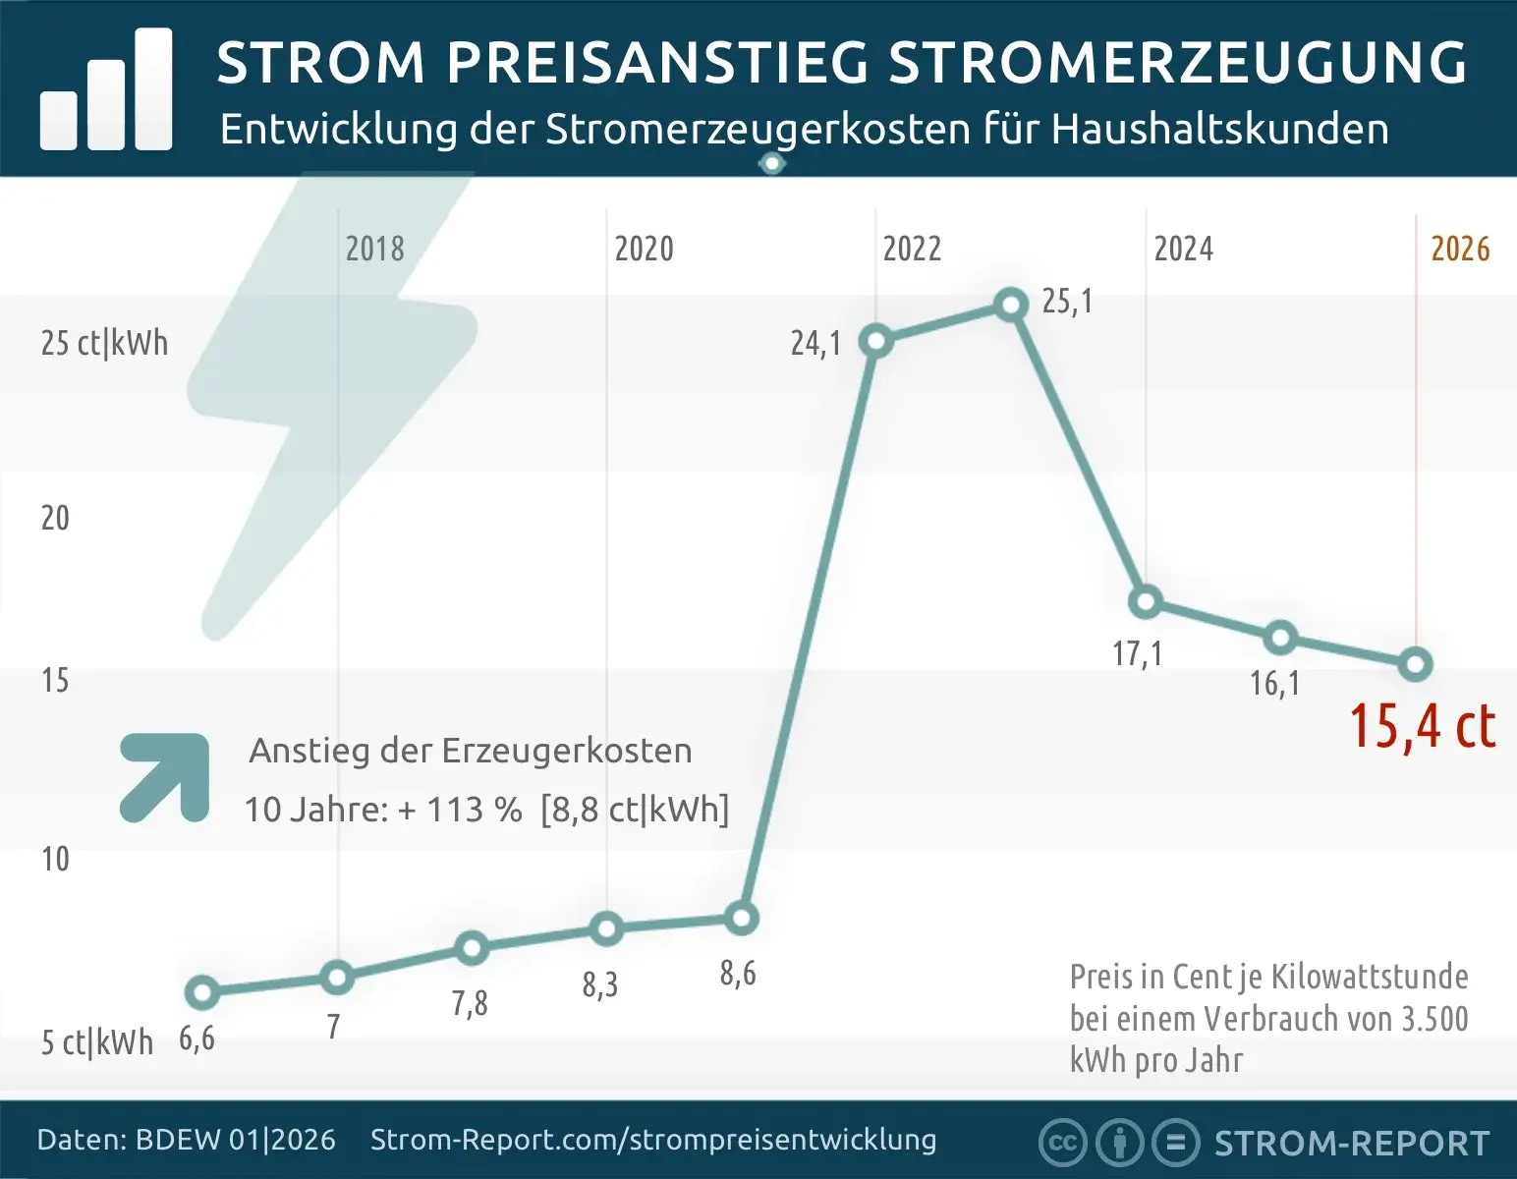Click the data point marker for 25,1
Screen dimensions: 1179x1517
[x=1010, y=306]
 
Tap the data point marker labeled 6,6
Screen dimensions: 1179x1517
[x=202, y=992]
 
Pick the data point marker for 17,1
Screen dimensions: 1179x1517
[x=1146, y=602]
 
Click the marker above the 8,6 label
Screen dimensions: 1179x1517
[x=742, y=919]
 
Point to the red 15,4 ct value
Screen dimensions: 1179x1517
[x=1422, y=727]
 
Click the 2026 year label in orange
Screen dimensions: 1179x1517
[x=1460, y=250]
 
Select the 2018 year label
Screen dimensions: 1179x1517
[x=374, y=250]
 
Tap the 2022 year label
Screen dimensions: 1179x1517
[x=912, y=250]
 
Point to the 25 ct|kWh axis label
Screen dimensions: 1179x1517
[x=104, y=343]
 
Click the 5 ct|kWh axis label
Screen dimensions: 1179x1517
[x=97, y=1042]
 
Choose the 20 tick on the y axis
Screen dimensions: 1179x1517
[x=55, y=518]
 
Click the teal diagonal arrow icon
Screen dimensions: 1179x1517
[x=165, y=777]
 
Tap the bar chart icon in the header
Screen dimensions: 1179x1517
[x=106, y=91]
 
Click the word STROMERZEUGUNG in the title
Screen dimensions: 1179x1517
[x=1177, y=63]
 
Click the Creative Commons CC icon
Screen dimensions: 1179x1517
[x=1062, y=1143]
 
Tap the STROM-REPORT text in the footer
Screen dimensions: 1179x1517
[x=1352, y=1144]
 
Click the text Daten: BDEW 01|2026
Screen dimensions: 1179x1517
[x=186, y=1140]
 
